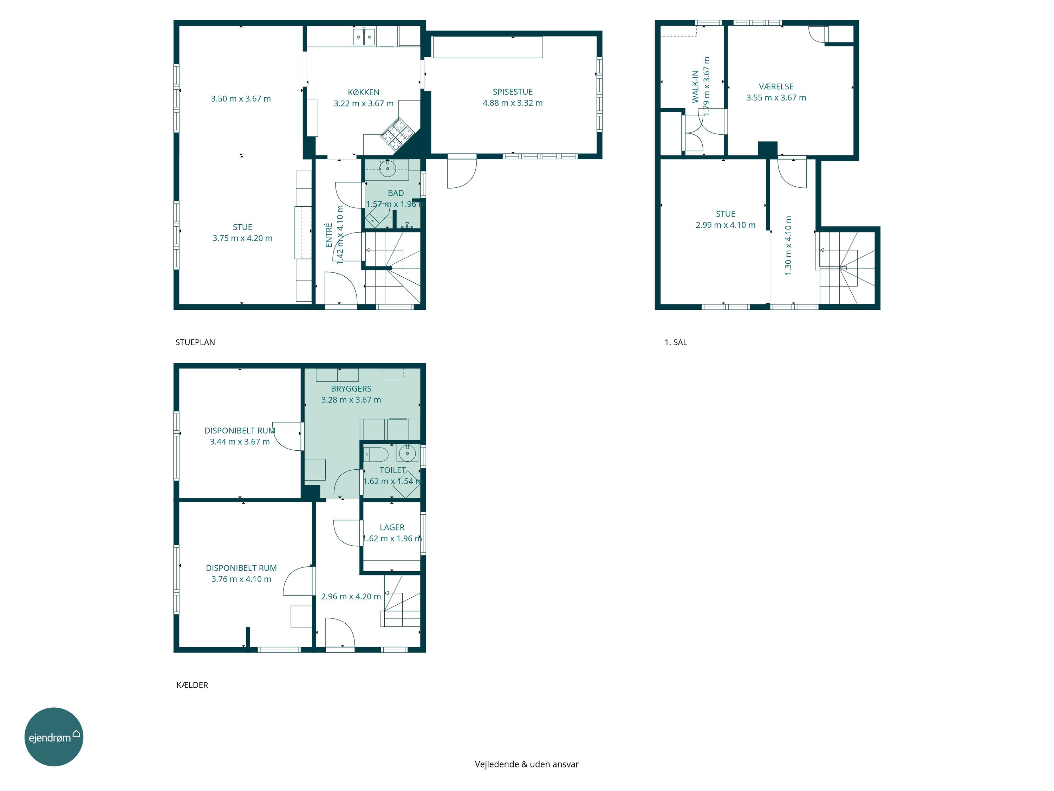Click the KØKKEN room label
[364, 92]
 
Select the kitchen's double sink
[364, 37]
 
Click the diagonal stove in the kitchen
[396, 133]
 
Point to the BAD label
[396, 193]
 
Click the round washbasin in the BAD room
[388, 167]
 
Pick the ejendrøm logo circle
[54, 737]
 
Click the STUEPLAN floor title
[195, 342]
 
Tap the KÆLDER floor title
[193, 685]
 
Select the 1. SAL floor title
[676, 342]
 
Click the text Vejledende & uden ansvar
[527, 764]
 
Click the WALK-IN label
[696, 86]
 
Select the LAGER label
[392, 527]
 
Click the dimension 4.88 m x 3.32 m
[513, 103]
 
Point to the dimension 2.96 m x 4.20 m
[351, 597]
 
